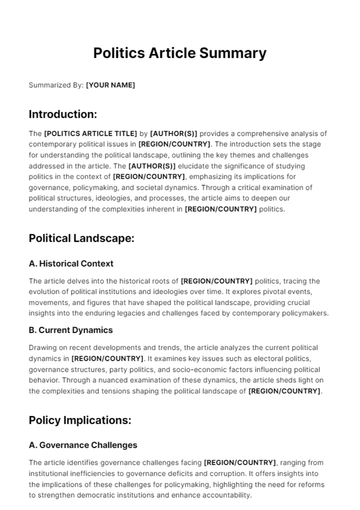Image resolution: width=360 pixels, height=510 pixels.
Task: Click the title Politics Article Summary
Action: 180,53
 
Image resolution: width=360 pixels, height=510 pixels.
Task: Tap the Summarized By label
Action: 55,85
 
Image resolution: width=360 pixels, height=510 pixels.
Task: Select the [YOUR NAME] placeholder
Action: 110,85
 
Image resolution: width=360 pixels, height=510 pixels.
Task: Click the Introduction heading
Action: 63,114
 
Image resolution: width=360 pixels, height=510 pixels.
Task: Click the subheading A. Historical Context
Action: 71,264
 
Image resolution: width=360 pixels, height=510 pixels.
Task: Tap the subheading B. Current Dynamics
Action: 70,328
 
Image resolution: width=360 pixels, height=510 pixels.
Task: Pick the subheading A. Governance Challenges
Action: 83,445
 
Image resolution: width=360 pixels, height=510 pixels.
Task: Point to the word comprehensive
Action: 259,133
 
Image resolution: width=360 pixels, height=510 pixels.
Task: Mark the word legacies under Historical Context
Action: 153,314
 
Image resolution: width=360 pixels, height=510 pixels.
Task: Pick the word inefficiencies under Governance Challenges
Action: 95,474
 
